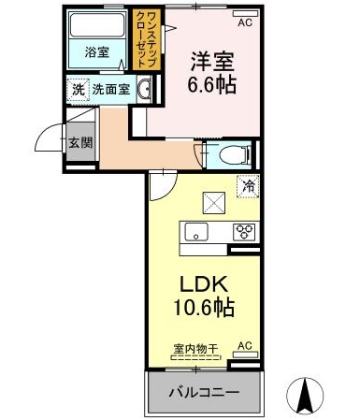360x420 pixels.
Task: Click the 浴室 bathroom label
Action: pos(97,52)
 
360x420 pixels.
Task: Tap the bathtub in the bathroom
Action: pos(97,25)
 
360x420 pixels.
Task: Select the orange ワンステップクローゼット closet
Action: pos(147,39)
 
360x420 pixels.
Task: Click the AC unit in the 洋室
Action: pos(246,13)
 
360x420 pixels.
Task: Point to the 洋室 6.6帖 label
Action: pos(212,73)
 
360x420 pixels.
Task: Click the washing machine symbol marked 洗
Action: pos(79,90)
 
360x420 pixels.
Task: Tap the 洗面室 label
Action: pos(111,90)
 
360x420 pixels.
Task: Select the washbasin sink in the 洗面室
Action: pos(144,90)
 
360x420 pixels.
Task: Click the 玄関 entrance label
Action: pos(80,143)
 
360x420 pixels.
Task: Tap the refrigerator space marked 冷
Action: pos(248,186)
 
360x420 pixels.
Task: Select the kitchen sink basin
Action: pos(196,232)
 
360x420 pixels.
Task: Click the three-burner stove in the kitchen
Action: pos(245,233)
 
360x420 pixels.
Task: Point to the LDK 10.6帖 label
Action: pos(203,297)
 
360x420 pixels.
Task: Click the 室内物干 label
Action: pos(195,349)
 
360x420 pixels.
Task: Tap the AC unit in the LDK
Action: pos(246,355)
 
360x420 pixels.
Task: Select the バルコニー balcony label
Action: pos(204,393)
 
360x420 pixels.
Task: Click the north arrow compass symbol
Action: pos(305,395)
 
